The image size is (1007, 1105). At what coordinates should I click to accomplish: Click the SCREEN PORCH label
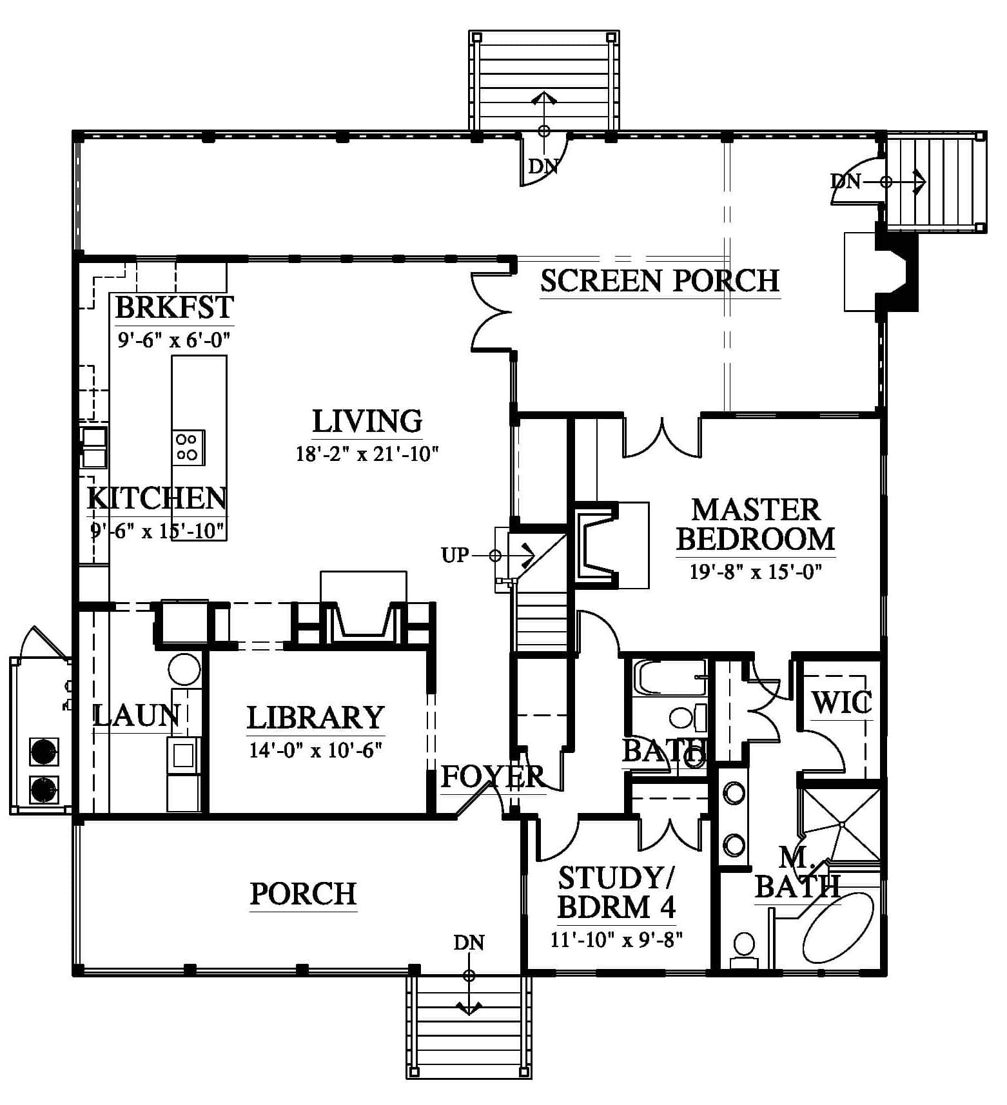point(660,281)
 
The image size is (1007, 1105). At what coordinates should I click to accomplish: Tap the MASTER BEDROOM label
point(756,525)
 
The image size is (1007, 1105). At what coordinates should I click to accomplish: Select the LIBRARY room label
point(315,718)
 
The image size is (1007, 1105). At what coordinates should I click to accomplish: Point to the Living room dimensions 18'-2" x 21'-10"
point(367,454)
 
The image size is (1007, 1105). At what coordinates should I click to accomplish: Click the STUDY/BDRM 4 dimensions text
point(616,939)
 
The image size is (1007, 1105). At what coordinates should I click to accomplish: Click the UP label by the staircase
point(455,554)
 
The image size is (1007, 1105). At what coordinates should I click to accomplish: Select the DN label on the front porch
point(469,943)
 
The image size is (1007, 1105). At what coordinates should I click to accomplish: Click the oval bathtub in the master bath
point(838,926)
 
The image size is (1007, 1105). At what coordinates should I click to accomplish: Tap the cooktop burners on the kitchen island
point(188,447)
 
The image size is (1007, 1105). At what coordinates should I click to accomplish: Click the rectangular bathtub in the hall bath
point(670,677)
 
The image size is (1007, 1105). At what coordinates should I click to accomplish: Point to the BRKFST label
point(174,307)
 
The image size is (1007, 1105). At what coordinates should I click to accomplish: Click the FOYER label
point(493,776)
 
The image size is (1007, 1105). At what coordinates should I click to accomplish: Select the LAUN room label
point(136,716)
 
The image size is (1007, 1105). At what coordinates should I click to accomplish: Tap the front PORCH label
point(303,894)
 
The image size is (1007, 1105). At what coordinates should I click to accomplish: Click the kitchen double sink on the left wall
point(94,447)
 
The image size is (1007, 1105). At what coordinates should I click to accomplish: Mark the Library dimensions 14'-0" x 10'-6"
point(316,750)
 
